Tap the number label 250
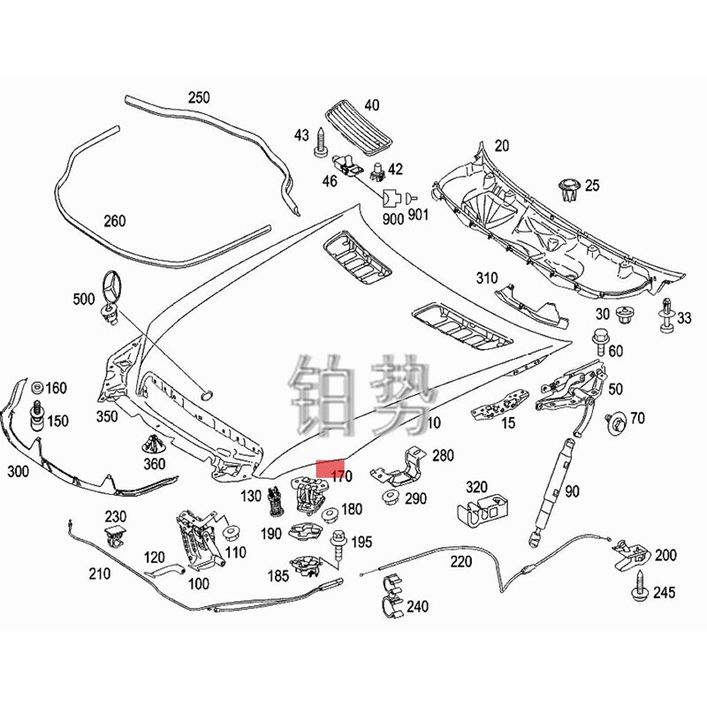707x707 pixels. [199, 97]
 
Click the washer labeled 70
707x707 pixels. [616, 420]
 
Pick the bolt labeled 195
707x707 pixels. [338, 544]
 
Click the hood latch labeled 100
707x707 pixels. [198, 538]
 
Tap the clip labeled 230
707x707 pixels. [114, 533]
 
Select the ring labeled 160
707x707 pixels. [37, 390]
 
